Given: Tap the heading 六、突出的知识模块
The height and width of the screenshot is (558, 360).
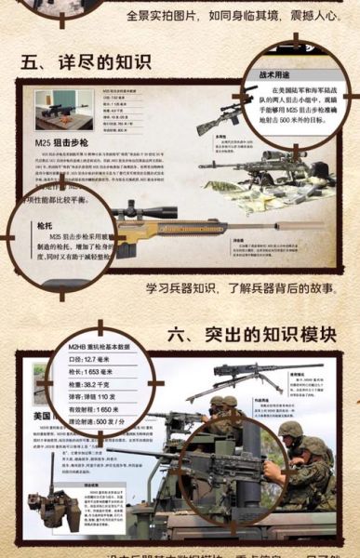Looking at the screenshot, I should pos(252,333).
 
